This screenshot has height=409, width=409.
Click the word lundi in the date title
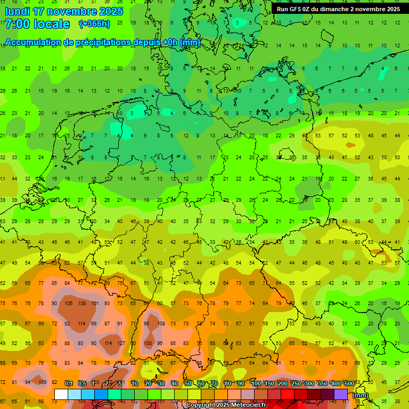pos(20,11)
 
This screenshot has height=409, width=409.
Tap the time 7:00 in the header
pos(18,24)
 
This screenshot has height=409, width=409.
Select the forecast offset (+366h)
pos(94,24)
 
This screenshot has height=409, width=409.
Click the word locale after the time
pos(52,24)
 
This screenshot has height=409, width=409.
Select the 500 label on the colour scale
pos(349,384)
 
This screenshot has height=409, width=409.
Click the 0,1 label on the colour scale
pos(69,384)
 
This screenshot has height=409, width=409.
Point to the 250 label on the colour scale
pos(296,384)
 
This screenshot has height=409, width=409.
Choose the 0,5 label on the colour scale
pos(82,384)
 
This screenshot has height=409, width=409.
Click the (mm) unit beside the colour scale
pos(361,395)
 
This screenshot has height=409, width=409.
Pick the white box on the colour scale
pos(61,395)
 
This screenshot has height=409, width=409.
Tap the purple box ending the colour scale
pos(341,395)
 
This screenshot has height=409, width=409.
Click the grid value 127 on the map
pos(121,343)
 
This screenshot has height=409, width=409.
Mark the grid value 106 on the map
pos(68,304)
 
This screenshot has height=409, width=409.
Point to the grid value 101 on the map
pos(95,304)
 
